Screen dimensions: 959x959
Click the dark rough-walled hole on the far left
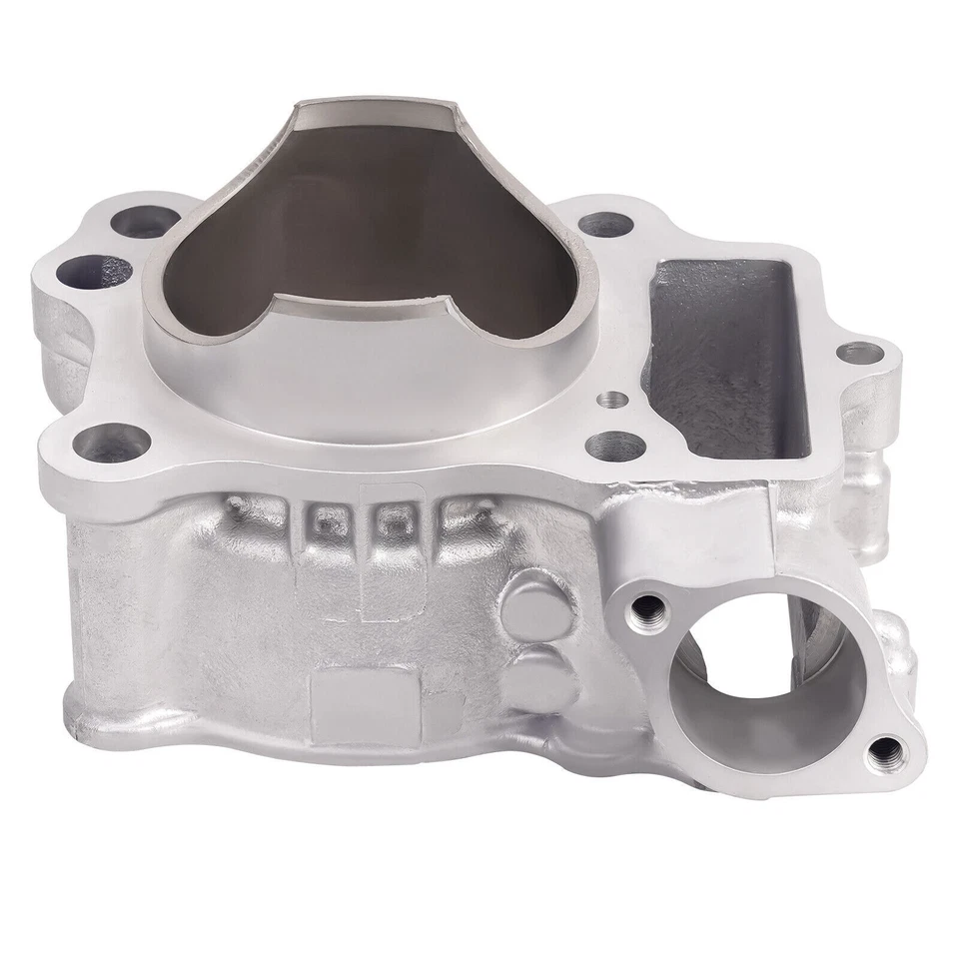point(94,270)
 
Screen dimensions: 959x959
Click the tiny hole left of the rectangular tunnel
point(612,400)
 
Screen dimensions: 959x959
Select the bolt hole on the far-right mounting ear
point(858,352)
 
